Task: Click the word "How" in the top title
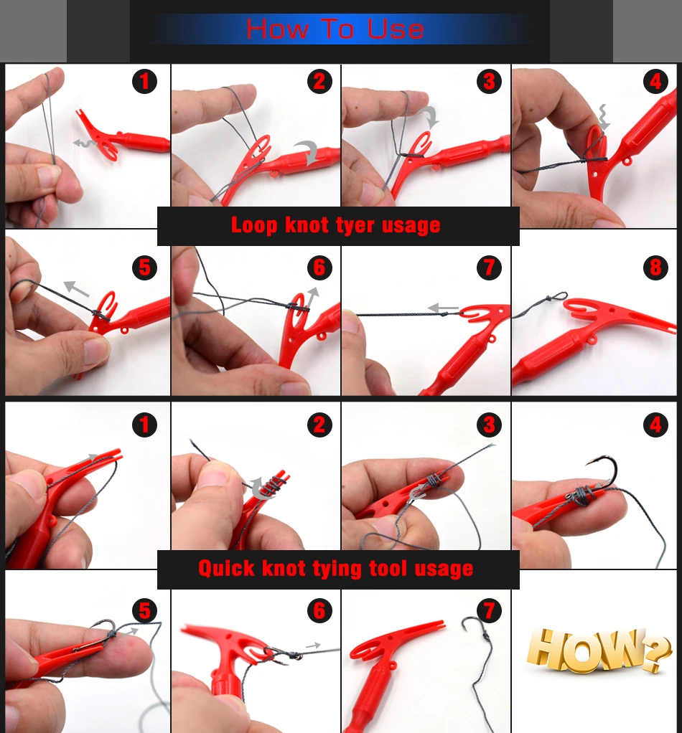click(x=277, y=29)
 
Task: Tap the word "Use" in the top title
click(x=396, y=29)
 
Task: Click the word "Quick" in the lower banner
click(x=227, y=569)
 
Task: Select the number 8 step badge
click(x=655, y=268)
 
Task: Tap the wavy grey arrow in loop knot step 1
click(x=85, y=143)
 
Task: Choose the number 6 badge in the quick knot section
click(x=319, y=610)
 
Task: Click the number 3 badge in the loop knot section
click(x=489, y=81)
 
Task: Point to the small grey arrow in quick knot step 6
click(x=313, y=645)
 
